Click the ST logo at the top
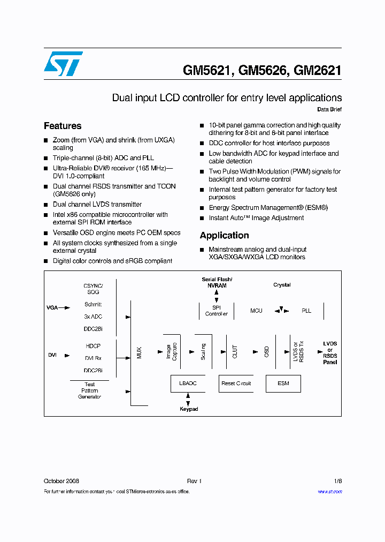63,64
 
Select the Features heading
63,126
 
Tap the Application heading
224,235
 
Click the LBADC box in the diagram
188,383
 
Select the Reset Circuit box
236,383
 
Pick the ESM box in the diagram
283,383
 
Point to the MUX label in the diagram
140,352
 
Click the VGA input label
52,308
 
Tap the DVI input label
52,355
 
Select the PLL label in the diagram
306,311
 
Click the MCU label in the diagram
256,311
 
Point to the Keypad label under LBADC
189,409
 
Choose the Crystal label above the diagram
282,285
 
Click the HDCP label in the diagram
93,346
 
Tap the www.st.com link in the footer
329,491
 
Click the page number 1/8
337,481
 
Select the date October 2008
61,481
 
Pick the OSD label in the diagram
266,352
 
